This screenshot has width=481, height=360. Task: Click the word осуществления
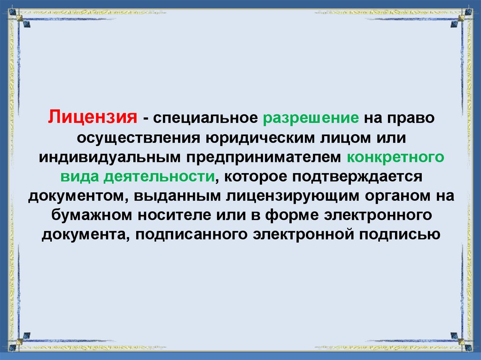tap(139, 138)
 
